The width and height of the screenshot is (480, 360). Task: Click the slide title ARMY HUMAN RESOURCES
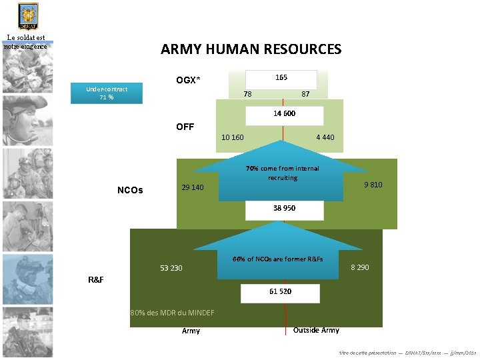[x=251, y=49]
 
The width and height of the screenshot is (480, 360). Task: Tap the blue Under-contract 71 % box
[x=107, y=93]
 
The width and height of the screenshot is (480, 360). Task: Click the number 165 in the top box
[x=281, y=78]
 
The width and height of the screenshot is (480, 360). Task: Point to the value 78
[x=247, y=94]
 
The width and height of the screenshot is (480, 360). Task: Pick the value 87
[x=305, y=94]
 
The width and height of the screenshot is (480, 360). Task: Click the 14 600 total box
[x=284, y=114]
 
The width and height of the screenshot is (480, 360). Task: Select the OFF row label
[x=185, y=127]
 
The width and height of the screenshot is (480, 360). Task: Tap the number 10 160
[x=232, y=137]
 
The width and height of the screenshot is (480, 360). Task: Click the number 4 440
[x=325, y=137]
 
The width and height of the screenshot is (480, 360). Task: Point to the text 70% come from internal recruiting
[x=282, y=173]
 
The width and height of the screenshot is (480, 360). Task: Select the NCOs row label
[x=130, y=190]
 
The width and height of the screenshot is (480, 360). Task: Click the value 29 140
[x=193, y=187]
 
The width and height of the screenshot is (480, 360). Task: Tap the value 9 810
[x=373, y=185]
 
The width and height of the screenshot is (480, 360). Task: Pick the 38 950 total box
[x=284, y=209]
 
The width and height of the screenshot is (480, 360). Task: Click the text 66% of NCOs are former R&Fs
[x=277, y=259]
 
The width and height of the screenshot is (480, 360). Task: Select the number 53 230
[x=171, y=268]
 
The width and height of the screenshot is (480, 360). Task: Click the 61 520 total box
[x=281, y=292]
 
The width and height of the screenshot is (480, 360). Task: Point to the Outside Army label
[x=316, y=330]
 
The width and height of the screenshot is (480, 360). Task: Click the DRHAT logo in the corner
[x=27, y=16]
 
